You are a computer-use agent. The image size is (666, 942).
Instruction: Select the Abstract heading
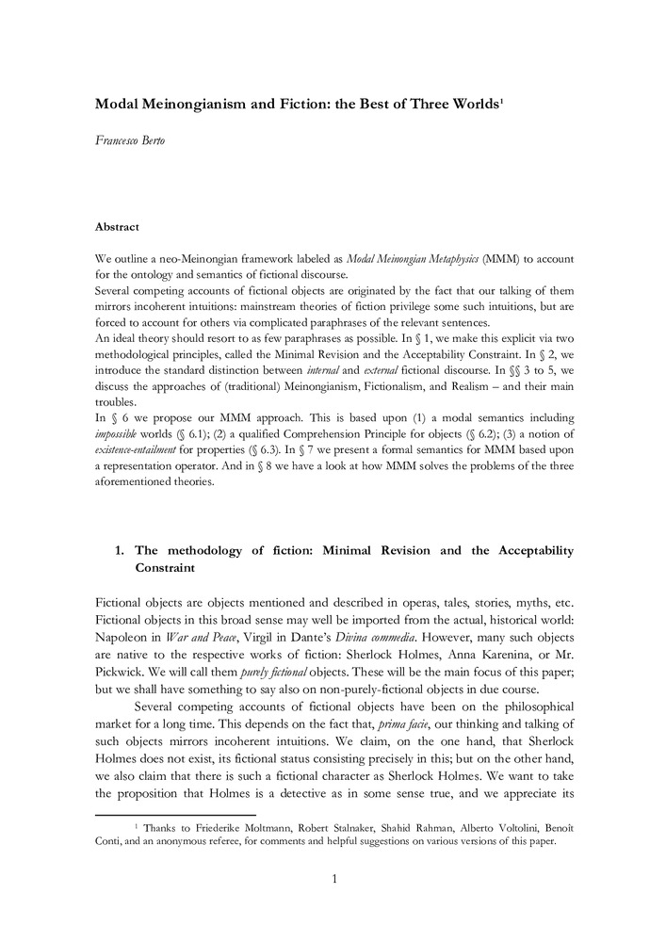tap(118, 227)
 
